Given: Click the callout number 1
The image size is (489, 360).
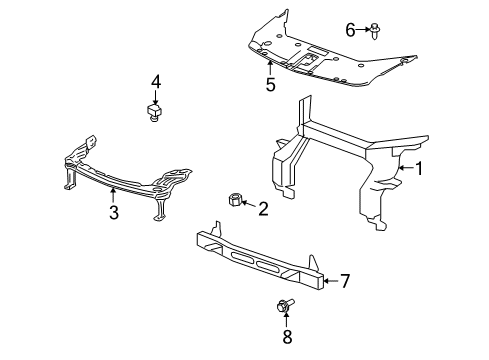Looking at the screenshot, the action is point(419,168).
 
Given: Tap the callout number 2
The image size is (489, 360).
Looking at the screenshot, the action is point(263,209).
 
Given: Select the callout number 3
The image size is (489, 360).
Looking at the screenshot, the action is point(114,212).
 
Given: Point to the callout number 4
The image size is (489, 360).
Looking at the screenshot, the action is point(156,82).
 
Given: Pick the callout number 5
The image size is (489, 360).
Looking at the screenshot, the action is point(271,84).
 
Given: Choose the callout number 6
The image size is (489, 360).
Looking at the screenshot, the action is point(350,30).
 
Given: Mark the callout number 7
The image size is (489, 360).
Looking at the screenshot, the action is point(345,281).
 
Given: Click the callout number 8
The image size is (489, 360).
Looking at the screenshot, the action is point(287,336).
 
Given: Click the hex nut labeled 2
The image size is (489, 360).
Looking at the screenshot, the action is point(235,200).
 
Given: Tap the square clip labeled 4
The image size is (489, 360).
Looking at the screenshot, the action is point(153,112).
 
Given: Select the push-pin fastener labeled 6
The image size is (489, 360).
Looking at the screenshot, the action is point(375,31).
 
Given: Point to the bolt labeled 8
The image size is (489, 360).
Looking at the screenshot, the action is point(285,305).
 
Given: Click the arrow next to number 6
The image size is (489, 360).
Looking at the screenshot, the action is point(363,30).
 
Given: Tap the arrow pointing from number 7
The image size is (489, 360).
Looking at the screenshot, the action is point(331,281).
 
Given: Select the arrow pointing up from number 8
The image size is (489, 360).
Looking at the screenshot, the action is point(286,319).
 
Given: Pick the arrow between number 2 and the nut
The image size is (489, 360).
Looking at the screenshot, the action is point(248,204).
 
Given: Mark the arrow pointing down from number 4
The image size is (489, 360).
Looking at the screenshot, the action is point(156,97).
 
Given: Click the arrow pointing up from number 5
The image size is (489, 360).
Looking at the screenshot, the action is point(270,68).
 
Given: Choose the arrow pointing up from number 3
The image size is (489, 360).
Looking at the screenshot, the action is point(113,195).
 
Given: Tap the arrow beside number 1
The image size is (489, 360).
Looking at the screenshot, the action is point(406,168).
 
